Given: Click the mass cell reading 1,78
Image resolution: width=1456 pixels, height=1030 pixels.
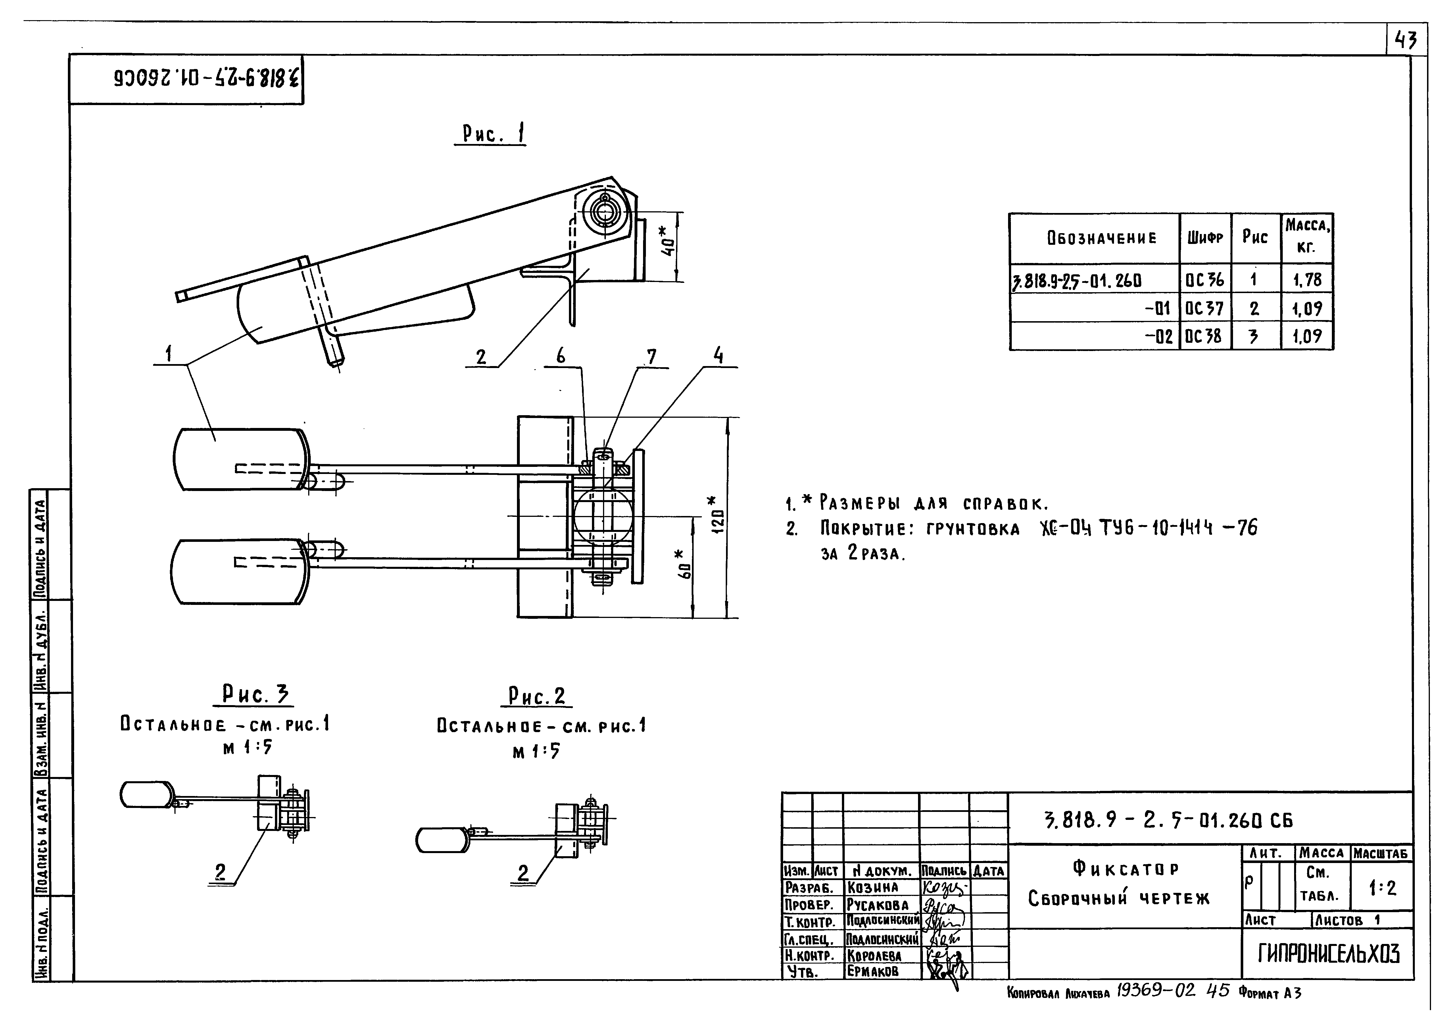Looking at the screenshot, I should [x=1307, y=280].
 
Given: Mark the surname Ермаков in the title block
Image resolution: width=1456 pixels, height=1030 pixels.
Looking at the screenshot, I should [x=873, y=971].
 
